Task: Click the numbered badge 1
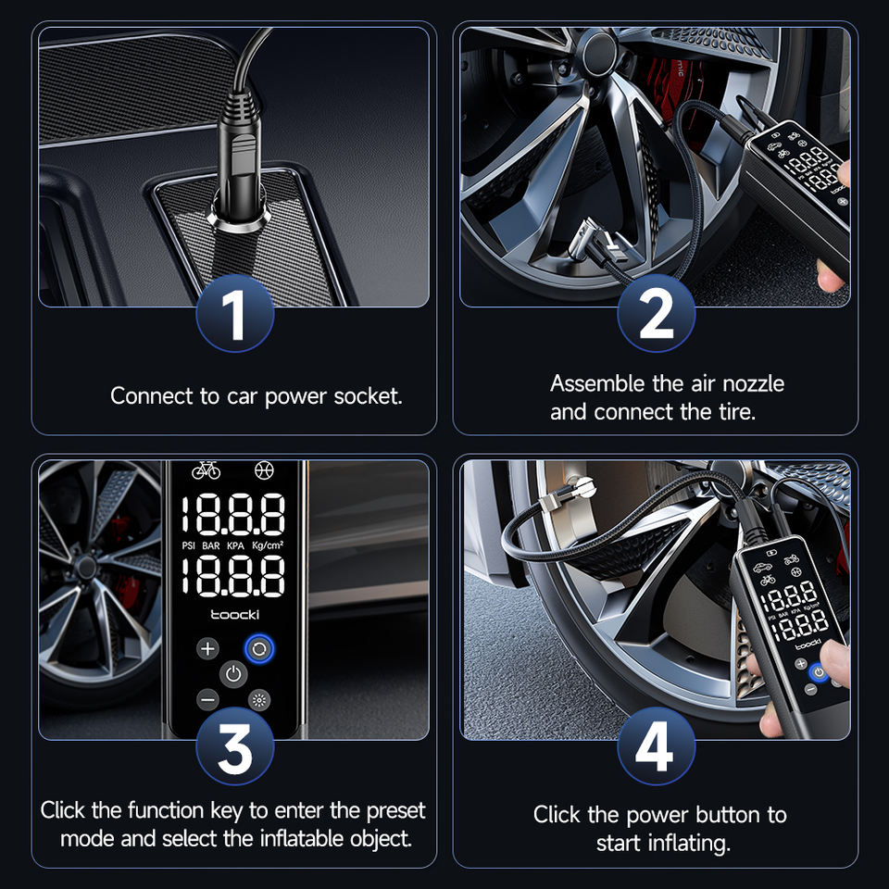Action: pyautogui.click(x=234, y=314)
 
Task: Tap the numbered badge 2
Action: pyautogui.click(x=656, y=314)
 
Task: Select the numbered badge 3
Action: pyautogui.click(x=234, y=745)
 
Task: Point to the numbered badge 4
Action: pyautogui.click(x=656, y=745)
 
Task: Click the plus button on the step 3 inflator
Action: pyautogui.click(x=208, y=648)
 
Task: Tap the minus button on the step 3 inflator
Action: pyautogui.click(x=208, y=700)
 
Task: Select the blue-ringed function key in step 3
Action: pyautogui.click(x=259, y=648)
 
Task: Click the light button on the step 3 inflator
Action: pyautogui.click(x=259, y=700)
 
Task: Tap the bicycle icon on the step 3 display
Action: pyautogui.click(x=206, y=470)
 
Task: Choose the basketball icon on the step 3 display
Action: pyautogui.click(x=264, y=470)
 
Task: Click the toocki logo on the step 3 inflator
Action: pyautogui.click(x=234, y=615)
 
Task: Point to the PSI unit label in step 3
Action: pyautogui.click(x=188, y=545)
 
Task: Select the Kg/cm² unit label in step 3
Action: pyautogui.click(x=268, y=545)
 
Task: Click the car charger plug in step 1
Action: pyautogui.click(x=239, y=161)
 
